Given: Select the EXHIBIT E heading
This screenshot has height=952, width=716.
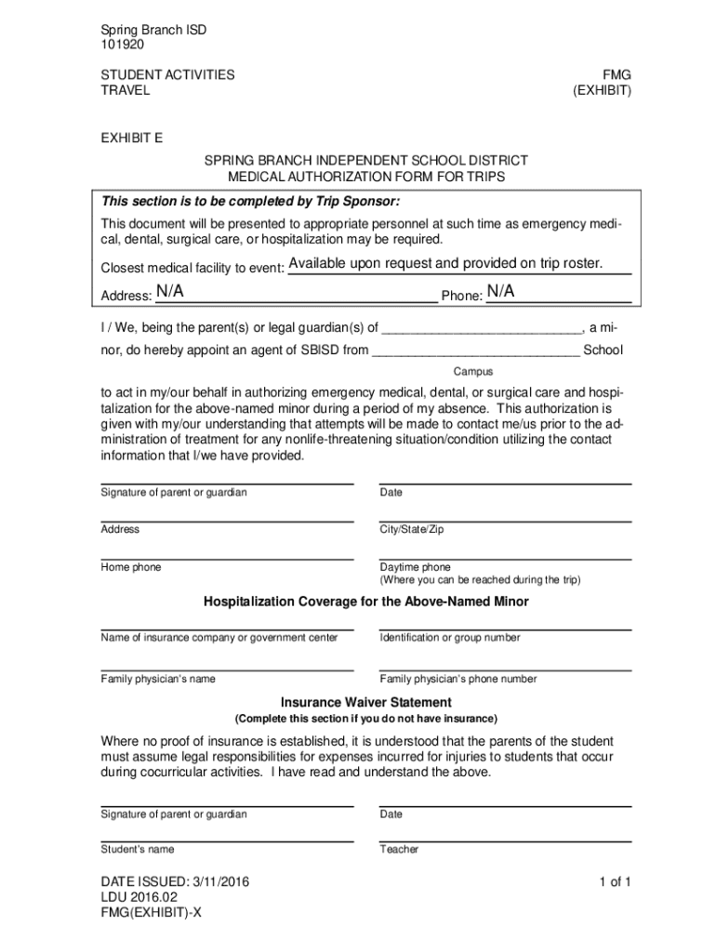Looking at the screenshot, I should click(x=131, y=139).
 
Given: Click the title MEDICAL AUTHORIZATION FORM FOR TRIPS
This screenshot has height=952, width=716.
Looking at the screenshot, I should click(x=366, y=177).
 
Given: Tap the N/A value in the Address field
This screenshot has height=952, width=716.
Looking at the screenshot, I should click(x=169, y=293).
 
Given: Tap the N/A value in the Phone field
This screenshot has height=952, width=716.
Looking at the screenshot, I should click(x=500, y=293).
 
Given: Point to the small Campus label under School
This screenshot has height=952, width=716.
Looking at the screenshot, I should click(x=473, y=371).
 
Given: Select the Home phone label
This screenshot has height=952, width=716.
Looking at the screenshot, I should click(x=130, y=567).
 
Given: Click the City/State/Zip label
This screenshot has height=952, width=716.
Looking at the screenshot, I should click(x=412, y=529).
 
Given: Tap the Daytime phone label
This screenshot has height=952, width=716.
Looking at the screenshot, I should click(x=415, y=567).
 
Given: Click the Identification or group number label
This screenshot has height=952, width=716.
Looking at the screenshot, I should click(x=450, y=638).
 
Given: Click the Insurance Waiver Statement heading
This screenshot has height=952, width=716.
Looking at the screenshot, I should click(x=365, y=702).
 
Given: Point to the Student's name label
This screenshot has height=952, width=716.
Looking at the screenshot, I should click(x=137, y=849).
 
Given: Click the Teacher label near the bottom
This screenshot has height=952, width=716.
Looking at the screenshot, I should click(x=399, y=849).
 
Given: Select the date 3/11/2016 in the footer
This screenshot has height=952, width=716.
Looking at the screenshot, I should click(x=219, y=881).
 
